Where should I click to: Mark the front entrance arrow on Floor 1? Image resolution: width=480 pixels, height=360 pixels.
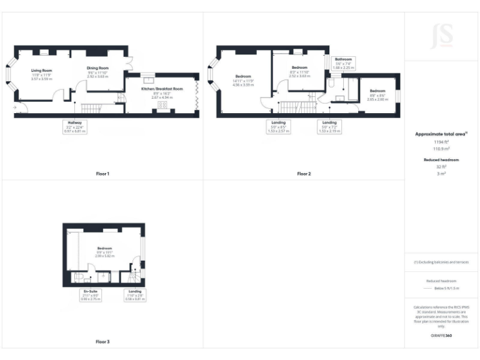tap(14, 107)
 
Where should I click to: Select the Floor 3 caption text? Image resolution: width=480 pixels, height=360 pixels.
tap(102, 342)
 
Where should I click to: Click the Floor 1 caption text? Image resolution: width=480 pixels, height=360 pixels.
tap(102, 173)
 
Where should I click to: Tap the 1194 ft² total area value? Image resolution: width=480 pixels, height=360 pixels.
tap(441, 142)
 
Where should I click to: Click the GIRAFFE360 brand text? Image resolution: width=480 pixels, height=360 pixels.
tap(441, 336)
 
